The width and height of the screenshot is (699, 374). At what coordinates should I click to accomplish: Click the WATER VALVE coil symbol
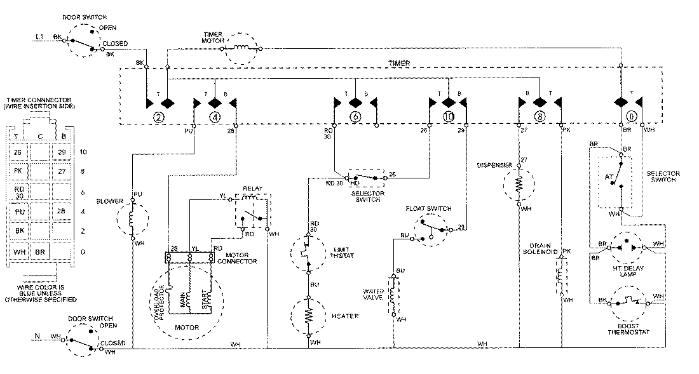(393, 295)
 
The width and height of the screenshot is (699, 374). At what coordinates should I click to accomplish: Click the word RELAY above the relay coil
(252, 189)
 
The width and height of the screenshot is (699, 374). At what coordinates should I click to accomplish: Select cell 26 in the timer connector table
(18, 152)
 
